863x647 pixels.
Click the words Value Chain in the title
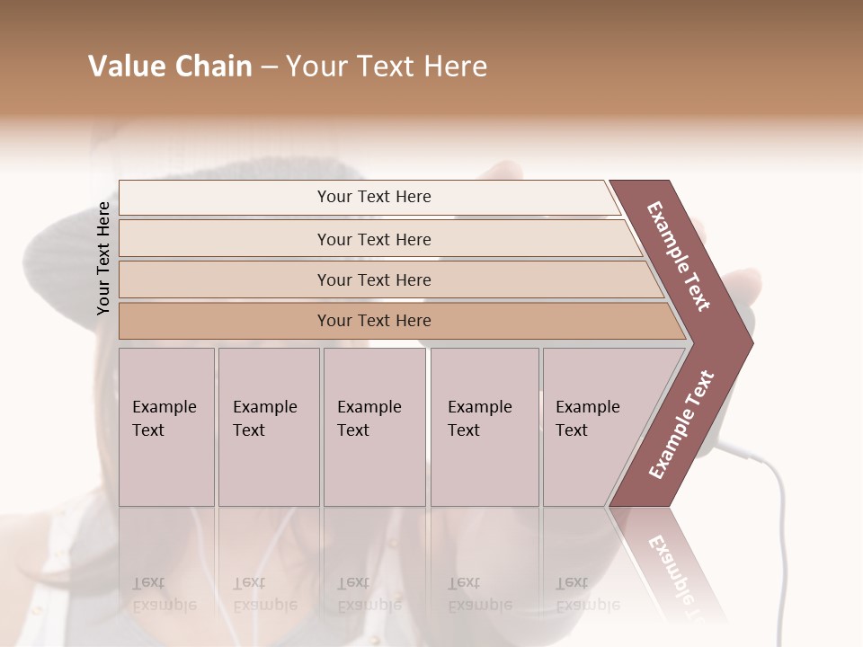click(x=170, y=66)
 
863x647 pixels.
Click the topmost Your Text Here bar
click(x=373, y=197)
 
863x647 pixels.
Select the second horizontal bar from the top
click(x=373, y=239)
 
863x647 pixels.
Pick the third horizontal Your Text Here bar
click(x=373, y=279)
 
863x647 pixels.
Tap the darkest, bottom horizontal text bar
click(x=373, y=321)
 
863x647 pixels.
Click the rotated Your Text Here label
click(x=104, y=258)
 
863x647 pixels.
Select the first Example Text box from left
click(x=166, y=427)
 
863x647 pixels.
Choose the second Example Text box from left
click(x=268, y=427)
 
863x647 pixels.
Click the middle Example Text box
click(x=374, y=427)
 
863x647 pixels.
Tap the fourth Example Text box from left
click(x=485, y=427)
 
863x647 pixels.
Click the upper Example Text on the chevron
click(x=679, y=256)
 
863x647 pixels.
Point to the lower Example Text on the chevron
click(x=681, y=424)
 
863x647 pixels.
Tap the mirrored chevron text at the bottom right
click(x=679, y=575)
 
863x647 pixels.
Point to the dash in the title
click(x=268, y=67)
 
